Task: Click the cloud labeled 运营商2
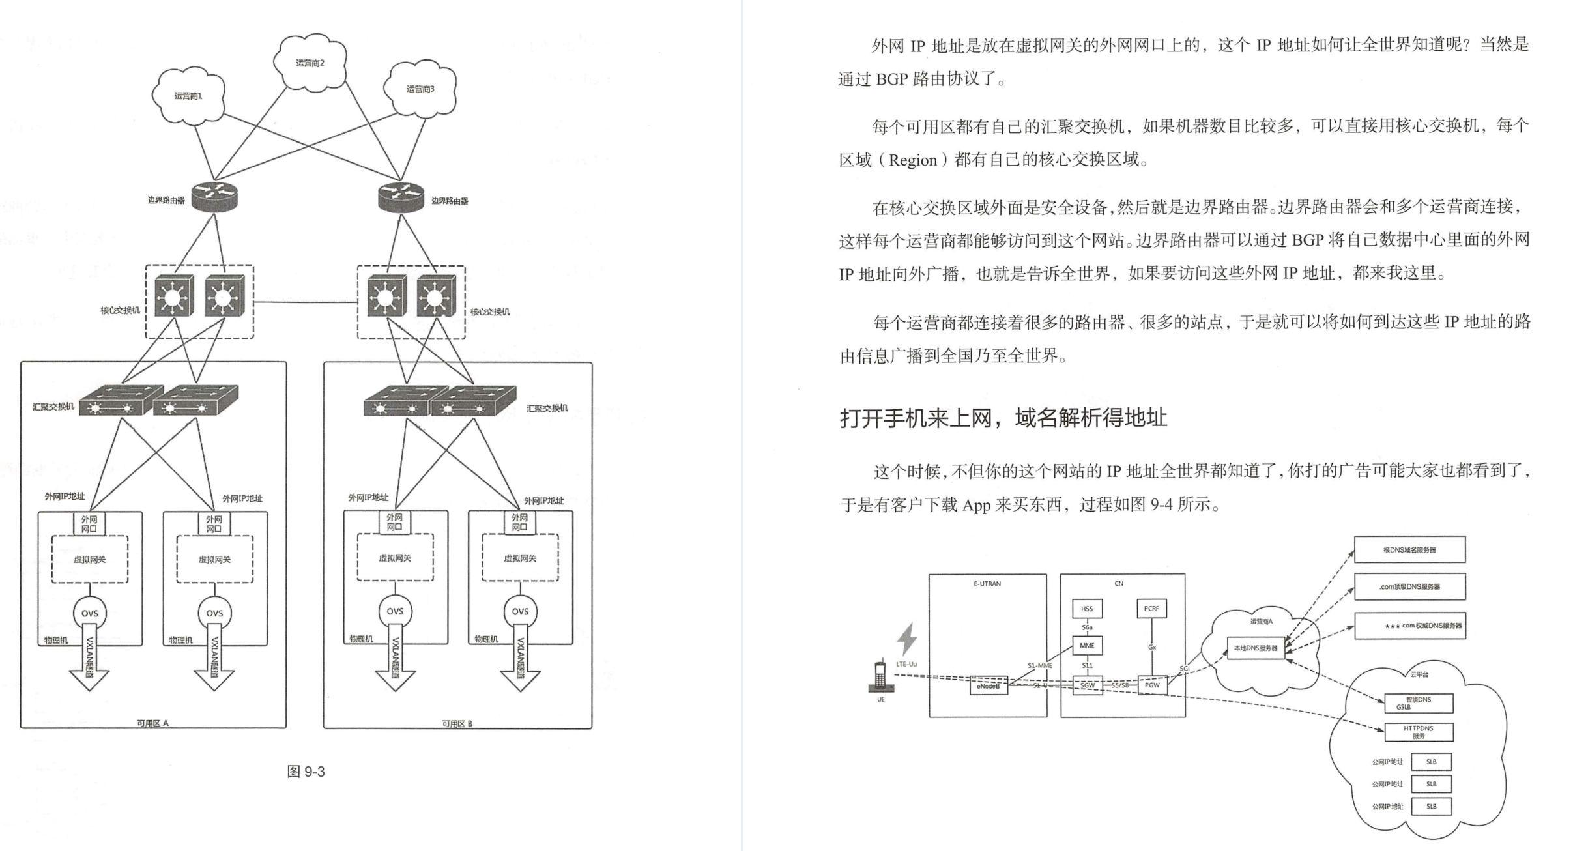pyautogui.click(x=310, y=63)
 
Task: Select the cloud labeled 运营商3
pyautogui.click(x=420, y=89)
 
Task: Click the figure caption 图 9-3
pyautogui.click(x=306, y=772)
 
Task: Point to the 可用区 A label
pyautogui.click(x=152, y=723)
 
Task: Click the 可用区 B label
pyautogui.click(x=457, y=723)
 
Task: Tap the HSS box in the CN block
pyautogui.click(x=1087, y=609)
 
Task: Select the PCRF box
pyautogui.click(x=1151, y=609)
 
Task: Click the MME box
pyautogui.click(x=1087, y=646)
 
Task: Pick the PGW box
pyautogui.click(x=1152, y=685)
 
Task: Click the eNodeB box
pyautogui.click(x=988, y=685)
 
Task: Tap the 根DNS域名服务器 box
pyautogui.click(x=1409, y=550)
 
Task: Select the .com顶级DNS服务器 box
pyautogui.click(x=1409, y=586)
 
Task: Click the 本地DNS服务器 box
pyautogui.click(x=1256, y=648)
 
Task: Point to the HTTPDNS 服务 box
pyautogui.click(x=1418, y=732)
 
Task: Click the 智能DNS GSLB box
pyautogui.click(x=1418, y=703)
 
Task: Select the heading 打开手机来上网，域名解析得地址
pyautogui.click(x=1003, y=418)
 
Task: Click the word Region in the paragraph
pyautogui.click(x=912, y=160)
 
